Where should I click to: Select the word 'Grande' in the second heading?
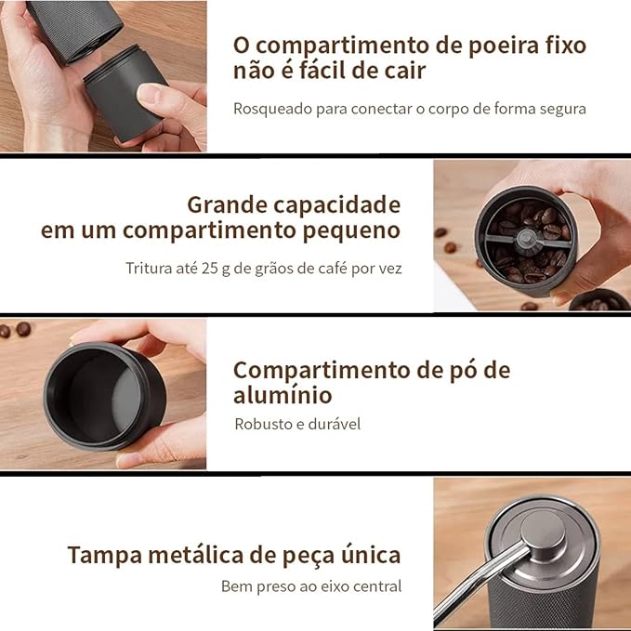(x=228, y=204)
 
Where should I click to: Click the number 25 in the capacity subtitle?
(x=210, y=268)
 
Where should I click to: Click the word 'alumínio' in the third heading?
(x=283, y=395)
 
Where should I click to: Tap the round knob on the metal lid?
(x=544, y=529)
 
